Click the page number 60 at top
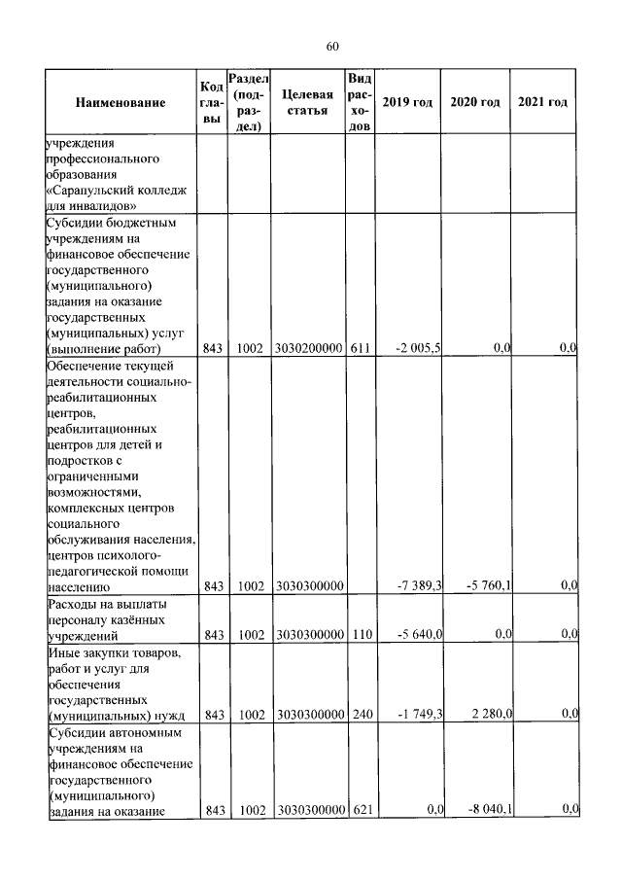coord(331,47)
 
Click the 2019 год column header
coord(407,102)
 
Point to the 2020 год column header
coord(475,102)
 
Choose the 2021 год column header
coord(542,102)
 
